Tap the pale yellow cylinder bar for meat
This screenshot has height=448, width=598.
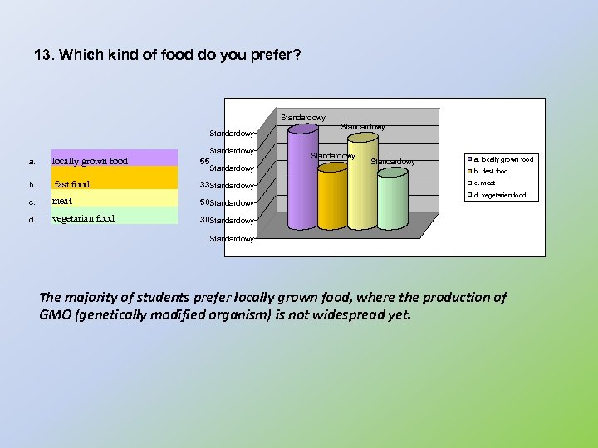[x=362, y=183]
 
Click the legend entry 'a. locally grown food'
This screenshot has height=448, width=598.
[x=502, y=158]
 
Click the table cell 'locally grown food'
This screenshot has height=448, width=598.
[x=91, y=161]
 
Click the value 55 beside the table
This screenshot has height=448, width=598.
[x=204, y=162]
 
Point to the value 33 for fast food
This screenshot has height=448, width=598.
[x=204, y=184]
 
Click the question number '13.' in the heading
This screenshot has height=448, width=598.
[x=43, y=56]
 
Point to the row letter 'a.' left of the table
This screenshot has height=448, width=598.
[x=32, y=162]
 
